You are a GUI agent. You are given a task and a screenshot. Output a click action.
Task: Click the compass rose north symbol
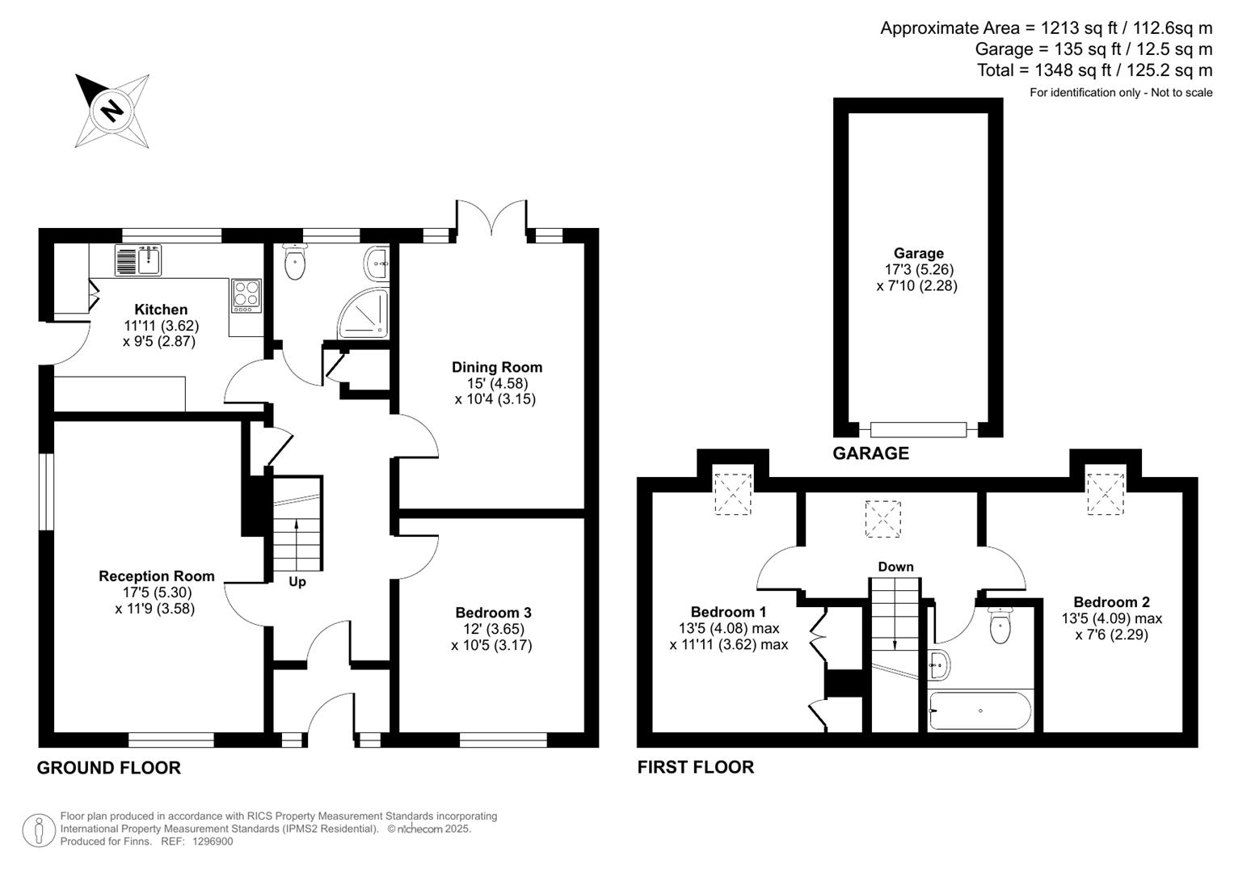[112, 110]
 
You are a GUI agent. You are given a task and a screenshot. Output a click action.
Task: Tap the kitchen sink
[140, 260]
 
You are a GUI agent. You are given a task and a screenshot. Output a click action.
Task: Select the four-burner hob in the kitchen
[246, 295]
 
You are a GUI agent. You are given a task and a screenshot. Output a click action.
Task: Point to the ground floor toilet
[295, 262]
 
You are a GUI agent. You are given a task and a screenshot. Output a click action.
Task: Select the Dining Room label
[496, 367]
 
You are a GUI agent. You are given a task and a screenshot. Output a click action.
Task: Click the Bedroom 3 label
[493, 613]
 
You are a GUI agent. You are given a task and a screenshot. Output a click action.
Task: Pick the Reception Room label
[156, 576]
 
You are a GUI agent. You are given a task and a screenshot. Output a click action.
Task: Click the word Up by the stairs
[297, 582]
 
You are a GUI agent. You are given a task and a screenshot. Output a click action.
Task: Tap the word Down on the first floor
[895, 567]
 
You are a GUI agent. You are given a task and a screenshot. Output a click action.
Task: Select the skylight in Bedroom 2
[1106, 492]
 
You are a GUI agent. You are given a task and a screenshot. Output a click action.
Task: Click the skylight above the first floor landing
[882, 518]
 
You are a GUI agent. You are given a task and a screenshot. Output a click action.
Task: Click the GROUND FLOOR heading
[109, 768]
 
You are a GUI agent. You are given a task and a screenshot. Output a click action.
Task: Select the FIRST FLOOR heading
[695, 767]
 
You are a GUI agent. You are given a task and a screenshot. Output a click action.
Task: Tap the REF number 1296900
[213, 841]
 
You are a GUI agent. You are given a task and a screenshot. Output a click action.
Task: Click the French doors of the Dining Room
[491, 217]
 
